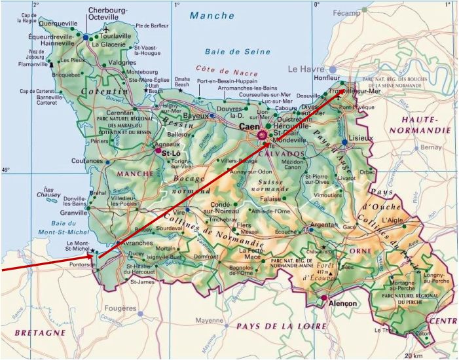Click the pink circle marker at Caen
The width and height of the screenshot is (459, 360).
click(x=263, y=135)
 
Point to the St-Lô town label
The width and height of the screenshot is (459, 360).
click(x=171, y=153)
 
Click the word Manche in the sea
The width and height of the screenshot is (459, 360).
click(x=213, y=15)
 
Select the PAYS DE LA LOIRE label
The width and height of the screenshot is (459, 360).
click(x=281, y=325)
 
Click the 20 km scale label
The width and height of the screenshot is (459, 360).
click(x=413, y=355)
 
